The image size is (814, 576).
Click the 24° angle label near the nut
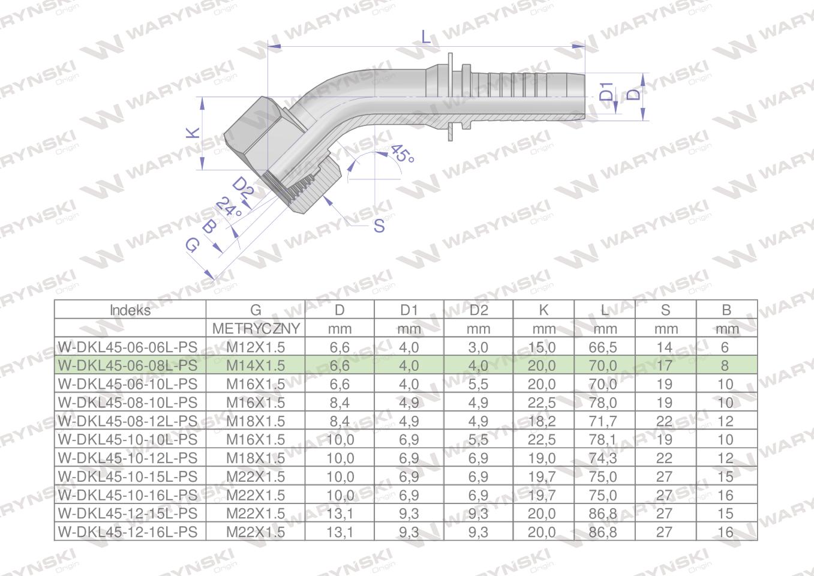[229, 208]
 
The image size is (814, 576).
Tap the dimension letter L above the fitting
[426, 37]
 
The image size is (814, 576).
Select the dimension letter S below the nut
[379, 226]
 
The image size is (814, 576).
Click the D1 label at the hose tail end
[607, 92]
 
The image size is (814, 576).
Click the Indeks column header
[130, 310]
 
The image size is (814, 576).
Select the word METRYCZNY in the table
[256, 329]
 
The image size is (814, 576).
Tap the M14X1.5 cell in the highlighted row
[256, 365]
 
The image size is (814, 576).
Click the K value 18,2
[542, 421]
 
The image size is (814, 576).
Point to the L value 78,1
[603, 440]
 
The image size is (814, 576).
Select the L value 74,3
[603, 458]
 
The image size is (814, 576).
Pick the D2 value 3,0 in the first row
[477, 347]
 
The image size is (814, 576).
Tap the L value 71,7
[603, 421]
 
